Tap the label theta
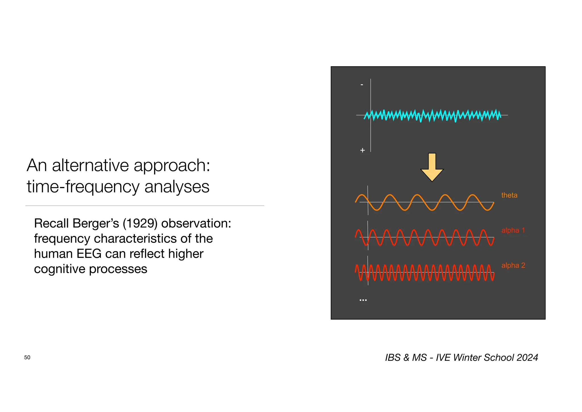(509, 195)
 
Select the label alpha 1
(513, 230)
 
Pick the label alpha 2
(513, 265)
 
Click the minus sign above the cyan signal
(362, 85)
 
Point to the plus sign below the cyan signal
(362, 150)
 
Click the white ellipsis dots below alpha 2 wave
(363, 300)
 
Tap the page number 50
(27, 357)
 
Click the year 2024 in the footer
(527, 357)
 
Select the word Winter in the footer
(467, 357)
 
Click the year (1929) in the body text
(140, 223)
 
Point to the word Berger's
(95, 223)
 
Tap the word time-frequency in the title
(83, 187)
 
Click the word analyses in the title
(177, 187)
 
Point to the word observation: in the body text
(196, 223)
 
